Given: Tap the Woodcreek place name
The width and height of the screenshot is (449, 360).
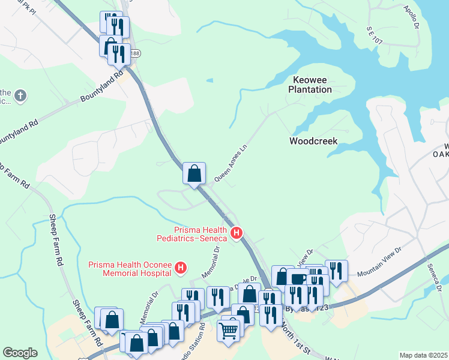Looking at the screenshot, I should point(313,142).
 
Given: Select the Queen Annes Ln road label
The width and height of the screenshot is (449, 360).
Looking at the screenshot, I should point(231,164).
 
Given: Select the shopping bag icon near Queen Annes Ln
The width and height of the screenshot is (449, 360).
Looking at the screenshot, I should point(194,174).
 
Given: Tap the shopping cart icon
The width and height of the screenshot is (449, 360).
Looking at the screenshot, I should point(229,329).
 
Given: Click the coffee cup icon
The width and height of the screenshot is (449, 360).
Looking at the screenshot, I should point(298,280).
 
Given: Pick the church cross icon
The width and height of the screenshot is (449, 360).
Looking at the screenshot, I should point(20,95).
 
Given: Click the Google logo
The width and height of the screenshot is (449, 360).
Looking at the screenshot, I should point(20,353).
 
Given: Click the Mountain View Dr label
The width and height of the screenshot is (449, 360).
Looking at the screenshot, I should point(378,268).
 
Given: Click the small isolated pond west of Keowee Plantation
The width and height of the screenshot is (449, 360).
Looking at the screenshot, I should point(209,80).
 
